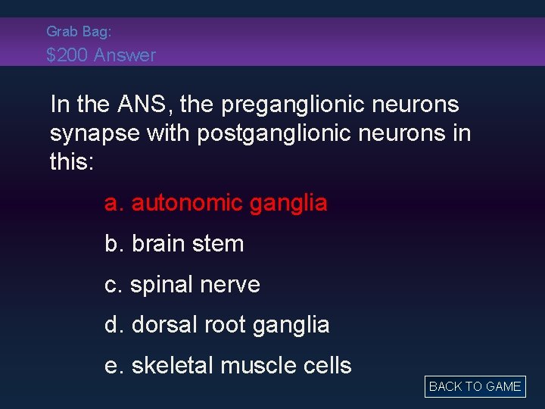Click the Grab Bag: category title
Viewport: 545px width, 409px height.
79,31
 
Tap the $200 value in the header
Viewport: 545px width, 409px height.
67,55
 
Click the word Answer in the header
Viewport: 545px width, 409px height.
125,55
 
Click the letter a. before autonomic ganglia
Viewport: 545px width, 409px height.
114,203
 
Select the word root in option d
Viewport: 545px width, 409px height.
223,325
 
